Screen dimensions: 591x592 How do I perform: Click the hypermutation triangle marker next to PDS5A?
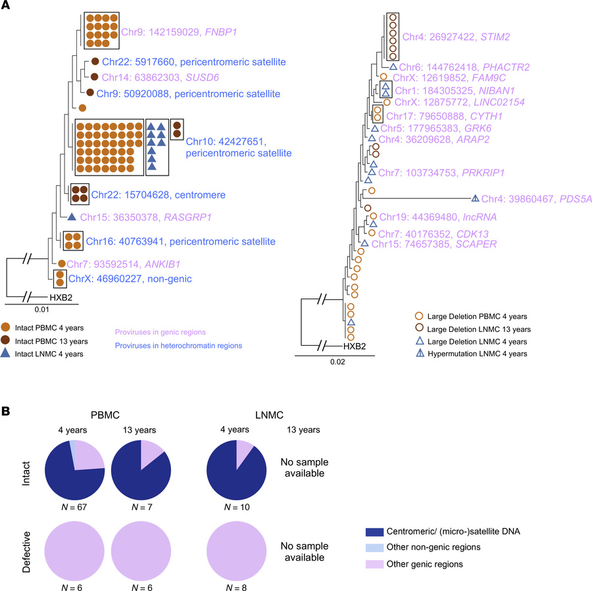475,198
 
